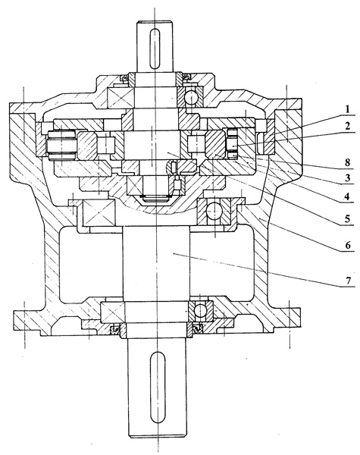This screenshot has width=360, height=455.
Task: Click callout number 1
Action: tap(347, 110)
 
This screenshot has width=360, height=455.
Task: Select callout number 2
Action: tap(347, 126)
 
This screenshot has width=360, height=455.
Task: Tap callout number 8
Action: tap(348, 162)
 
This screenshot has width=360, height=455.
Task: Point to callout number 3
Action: tap(348, 177)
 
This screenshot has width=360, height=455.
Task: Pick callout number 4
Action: tap(347, 196)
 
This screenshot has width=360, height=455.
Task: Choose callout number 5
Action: tap(348, 218)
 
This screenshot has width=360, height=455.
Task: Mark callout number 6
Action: tap(348, 245)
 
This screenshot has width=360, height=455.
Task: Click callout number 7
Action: tap(348, 280)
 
